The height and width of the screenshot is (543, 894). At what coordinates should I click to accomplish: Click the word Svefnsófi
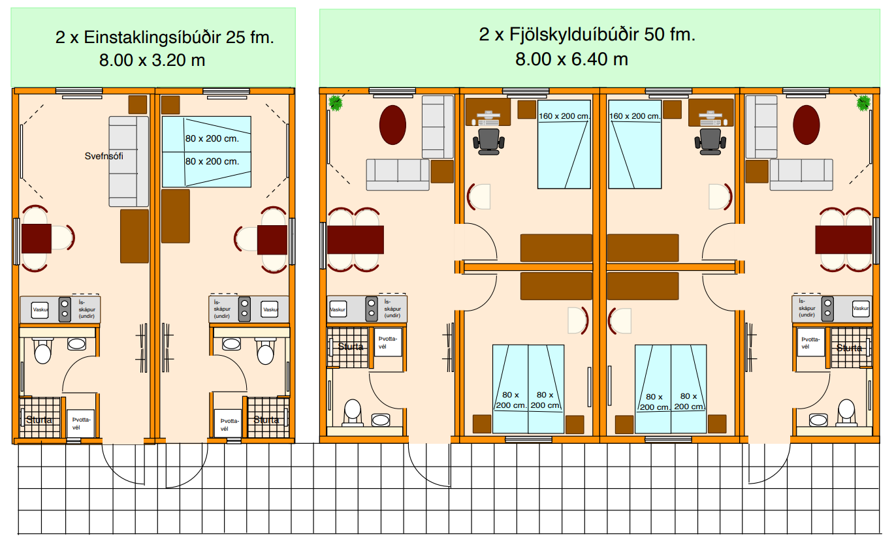tap(104, 156)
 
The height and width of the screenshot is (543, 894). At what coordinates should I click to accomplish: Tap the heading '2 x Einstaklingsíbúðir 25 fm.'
tap(165, 37)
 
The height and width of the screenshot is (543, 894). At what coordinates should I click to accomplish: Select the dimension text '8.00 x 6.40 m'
tap(571, 59)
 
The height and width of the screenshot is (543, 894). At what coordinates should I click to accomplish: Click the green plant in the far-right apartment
tap(864, 102)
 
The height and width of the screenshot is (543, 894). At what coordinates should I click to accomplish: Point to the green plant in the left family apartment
tap(336, 102)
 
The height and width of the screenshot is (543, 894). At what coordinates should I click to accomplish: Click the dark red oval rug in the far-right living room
tap(806, 125)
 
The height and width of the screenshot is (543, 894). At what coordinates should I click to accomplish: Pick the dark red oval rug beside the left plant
tap(392, 125)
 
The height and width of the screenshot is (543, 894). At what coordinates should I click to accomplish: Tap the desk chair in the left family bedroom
tap(488, 141)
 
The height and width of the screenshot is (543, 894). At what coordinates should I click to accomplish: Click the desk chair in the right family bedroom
tap(710, 141)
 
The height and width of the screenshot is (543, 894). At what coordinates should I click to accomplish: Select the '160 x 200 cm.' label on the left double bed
tap(564, 116)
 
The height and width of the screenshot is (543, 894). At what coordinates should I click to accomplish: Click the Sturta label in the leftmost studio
tap(39, 420)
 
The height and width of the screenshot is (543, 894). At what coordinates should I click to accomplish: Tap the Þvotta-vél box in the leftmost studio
tap(80, 424)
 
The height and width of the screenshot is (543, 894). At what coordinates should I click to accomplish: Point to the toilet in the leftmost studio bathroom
tap(42, 350)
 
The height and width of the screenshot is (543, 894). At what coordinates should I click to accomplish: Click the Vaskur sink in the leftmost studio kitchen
tap(40, 309)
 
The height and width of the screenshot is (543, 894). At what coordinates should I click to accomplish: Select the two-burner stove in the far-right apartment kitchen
tap(827, 309)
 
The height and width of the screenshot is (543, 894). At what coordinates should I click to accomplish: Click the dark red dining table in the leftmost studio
tap(37, 239)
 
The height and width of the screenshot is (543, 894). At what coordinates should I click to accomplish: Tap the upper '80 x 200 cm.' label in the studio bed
tap(212, 139)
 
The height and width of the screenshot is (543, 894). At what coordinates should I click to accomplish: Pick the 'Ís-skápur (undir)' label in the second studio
tap(222, 309)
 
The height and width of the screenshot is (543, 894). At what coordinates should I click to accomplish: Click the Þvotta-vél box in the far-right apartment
tap(810, 343)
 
